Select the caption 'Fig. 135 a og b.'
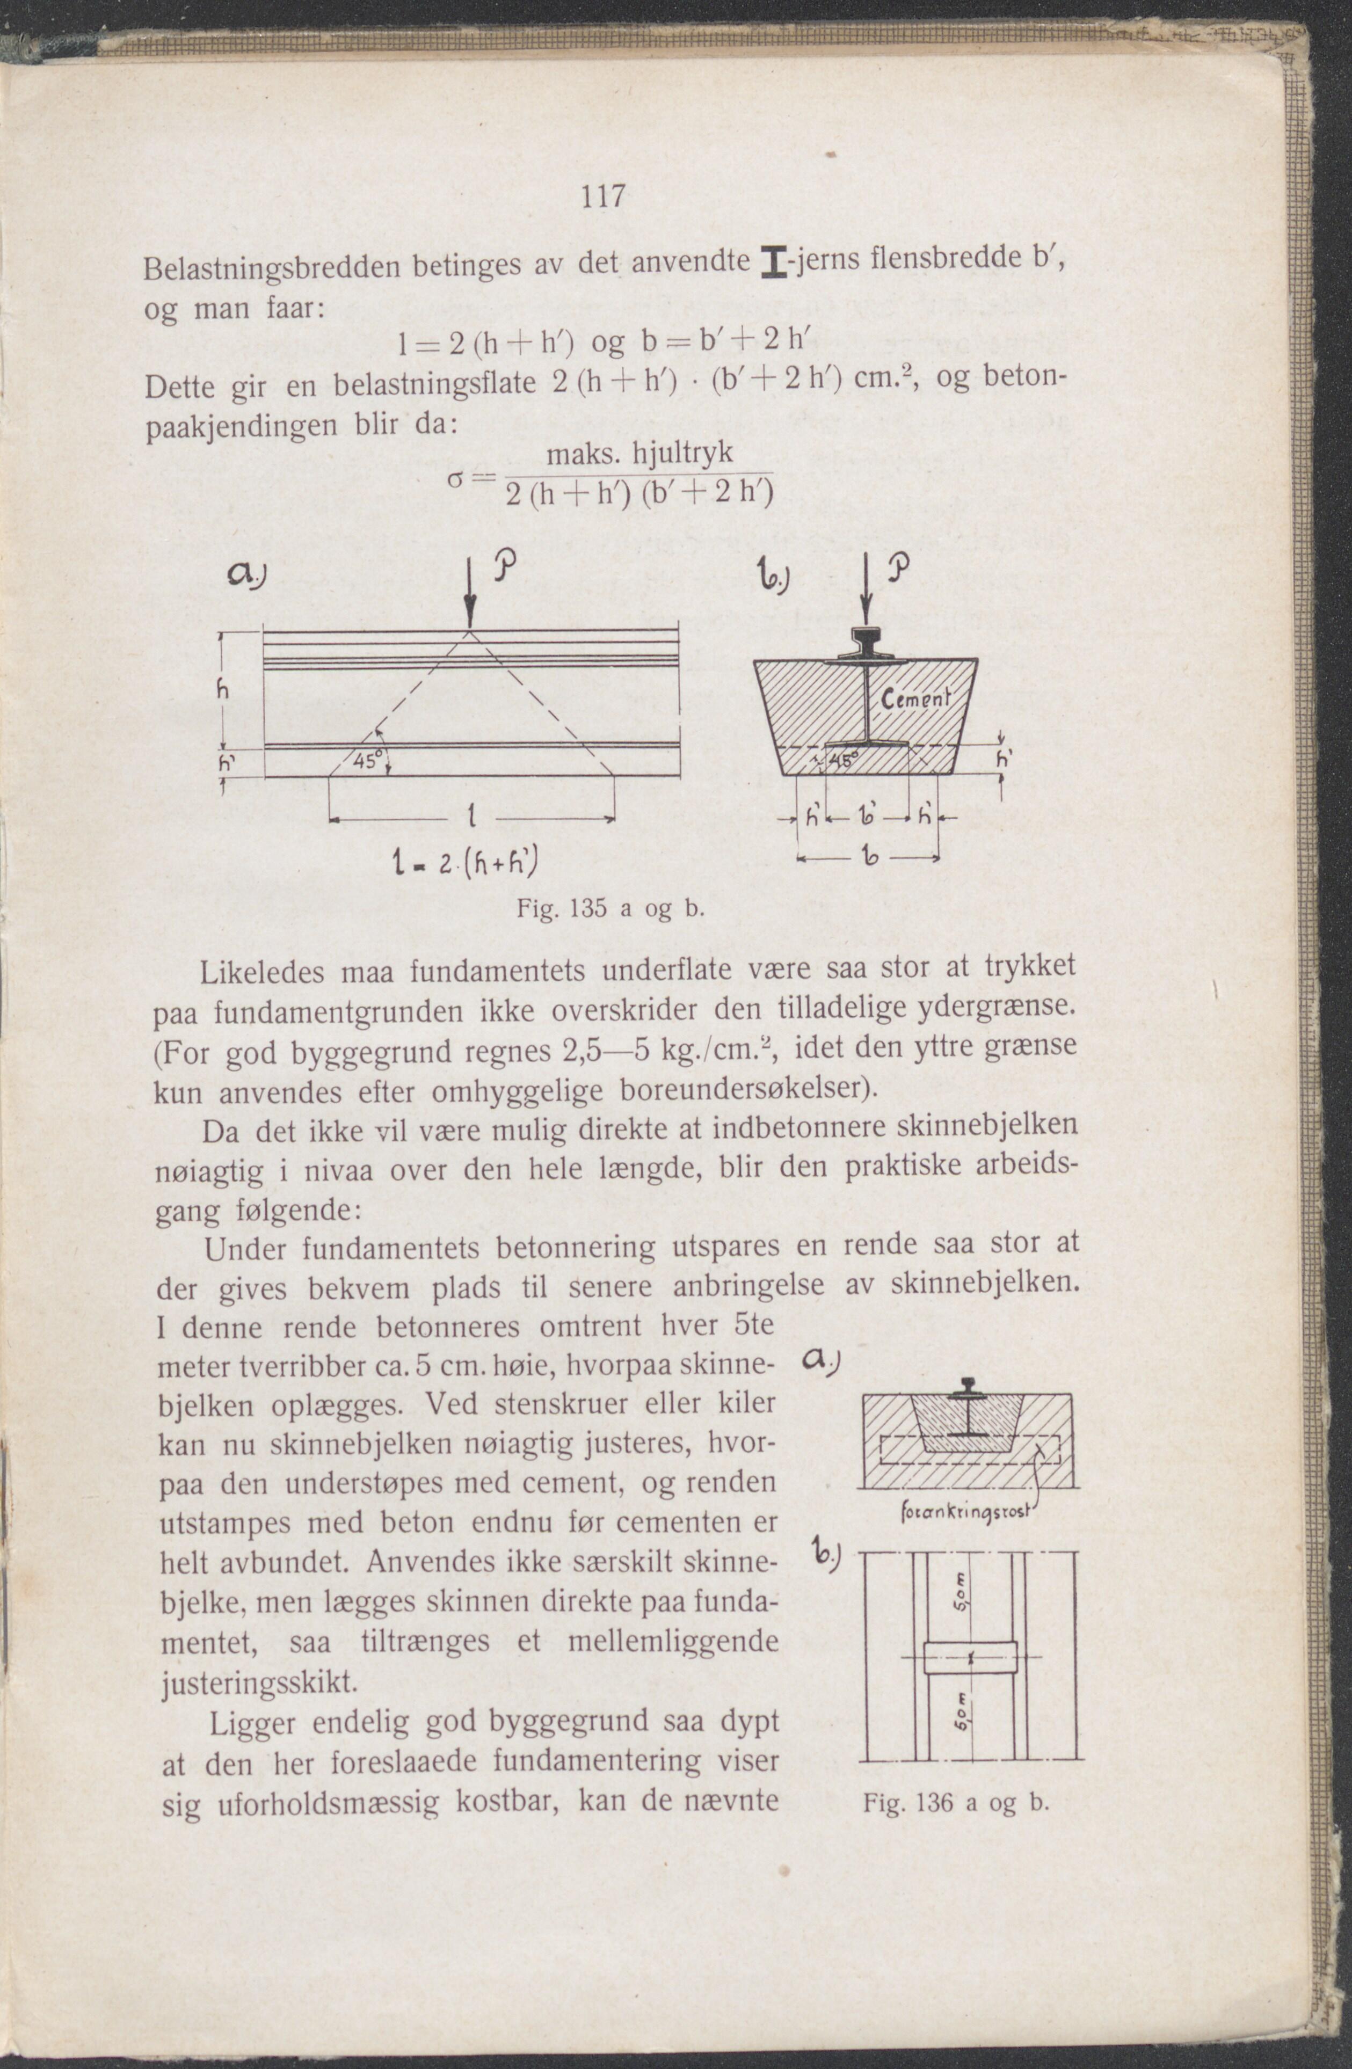[x=609, y=910]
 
